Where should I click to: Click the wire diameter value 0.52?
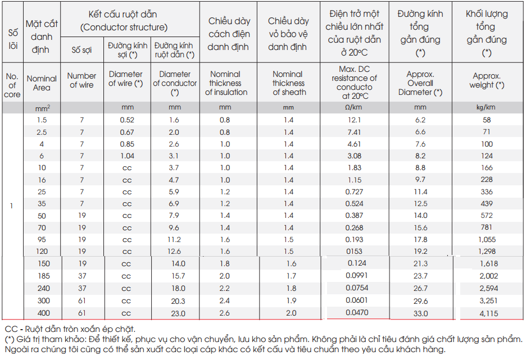click(x=127, y=120)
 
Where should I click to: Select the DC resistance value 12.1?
click(x=354, y=120)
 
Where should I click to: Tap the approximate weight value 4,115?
click(x=489, y=313)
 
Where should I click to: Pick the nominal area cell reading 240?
click(x=44, y=288)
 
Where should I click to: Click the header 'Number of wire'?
click(x=82, y=80)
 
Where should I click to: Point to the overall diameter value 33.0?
click(x=421, y=313)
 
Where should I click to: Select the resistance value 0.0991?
click(x=357, y=276)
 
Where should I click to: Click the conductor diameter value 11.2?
click(x=174, y=240)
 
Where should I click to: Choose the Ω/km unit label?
click(x=353, y=108)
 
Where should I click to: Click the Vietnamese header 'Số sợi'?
click(x=81, y=50)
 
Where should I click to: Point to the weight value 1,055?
click(x=487, y=240)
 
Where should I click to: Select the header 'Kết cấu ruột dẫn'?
click(x=123, y=15)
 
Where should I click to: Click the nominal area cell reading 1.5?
click(x=42, y=120)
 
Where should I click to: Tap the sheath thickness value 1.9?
click(x=291, y=300)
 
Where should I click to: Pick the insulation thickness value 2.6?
click(x=224, y=313)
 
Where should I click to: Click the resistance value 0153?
click(x=354, y=252)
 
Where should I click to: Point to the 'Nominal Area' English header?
click(x=42, y=83)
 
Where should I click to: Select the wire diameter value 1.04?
click(x=127, y=156)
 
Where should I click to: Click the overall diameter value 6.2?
click(x=420, y=120)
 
